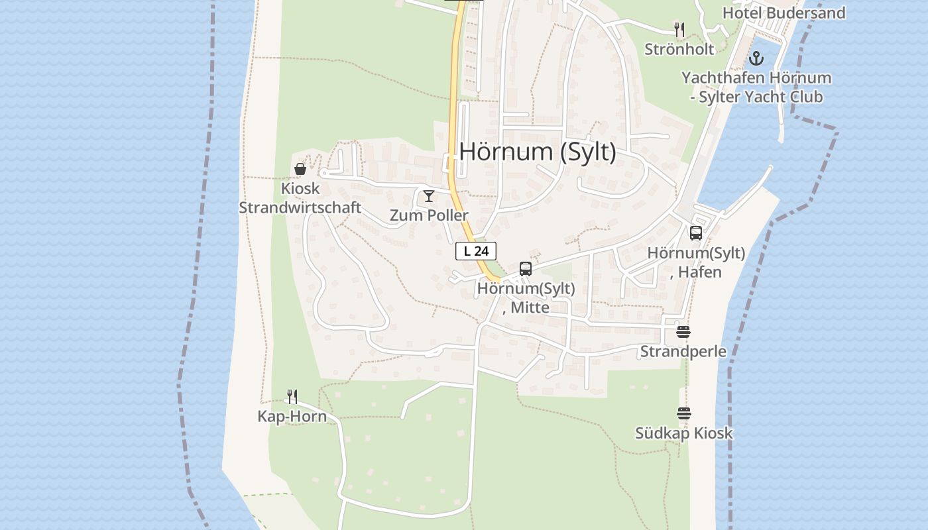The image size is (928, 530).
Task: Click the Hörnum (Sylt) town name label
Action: [538, 152]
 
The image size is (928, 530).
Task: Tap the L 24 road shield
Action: [476, 251]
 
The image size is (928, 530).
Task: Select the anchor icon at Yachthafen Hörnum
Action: [756, 58]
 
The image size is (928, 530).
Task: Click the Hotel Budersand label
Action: [783, 13]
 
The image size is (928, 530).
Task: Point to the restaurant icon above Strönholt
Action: [679, 29]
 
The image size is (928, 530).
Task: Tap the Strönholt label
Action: [679, 49]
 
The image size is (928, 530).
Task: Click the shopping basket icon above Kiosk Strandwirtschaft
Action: [300, 169]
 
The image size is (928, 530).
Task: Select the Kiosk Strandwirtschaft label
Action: [300, 198]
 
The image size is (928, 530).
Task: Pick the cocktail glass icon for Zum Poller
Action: [429, 195]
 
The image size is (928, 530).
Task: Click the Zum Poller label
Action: [429, 215]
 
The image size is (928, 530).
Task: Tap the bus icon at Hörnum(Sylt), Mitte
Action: [526, 269]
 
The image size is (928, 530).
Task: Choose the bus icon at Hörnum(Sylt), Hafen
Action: [695, 233]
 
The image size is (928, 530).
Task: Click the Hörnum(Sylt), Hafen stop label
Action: [696, 262]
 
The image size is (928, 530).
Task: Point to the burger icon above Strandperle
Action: [683, 331]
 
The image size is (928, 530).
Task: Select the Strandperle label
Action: [683, 351]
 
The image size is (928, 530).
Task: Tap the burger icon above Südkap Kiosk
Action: [684, 413]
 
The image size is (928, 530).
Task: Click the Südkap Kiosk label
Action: [684, 433]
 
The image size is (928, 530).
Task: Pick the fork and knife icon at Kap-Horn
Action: [292, 397]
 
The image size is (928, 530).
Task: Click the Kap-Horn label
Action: [292, 417]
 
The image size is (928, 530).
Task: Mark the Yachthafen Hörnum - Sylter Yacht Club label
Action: [756, 87]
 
